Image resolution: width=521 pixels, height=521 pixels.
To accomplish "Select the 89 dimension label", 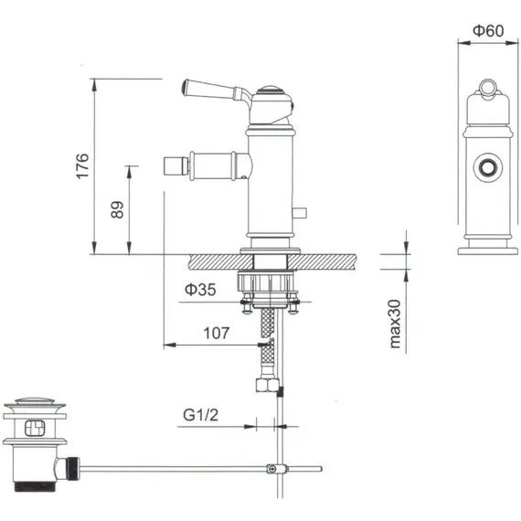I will pos(116,209).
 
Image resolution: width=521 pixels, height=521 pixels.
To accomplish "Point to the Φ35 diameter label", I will pos(199,291).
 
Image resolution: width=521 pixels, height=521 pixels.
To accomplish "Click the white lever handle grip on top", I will pos(209,88).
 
